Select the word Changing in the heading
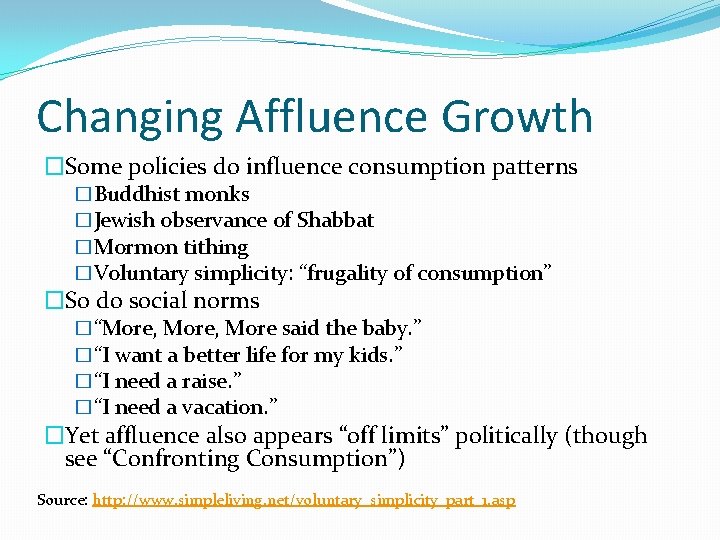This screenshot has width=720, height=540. pos(128,117)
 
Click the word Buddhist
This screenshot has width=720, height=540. pos(135,194)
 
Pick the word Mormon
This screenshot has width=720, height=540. pos(134,247)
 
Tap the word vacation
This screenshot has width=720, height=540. pos(229,407)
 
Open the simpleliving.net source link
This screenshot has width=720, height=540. pos(304,499)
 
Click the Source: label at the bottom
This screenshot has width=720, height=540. pos(61,499)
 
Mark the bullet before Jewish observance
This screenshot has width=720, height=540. pos(84,221)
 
